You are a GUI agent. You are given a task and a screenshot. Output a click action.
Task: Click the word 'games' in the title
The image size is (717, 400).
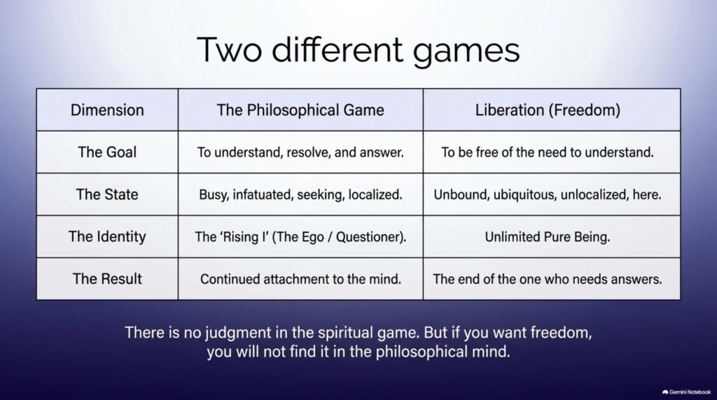[x=466, y=51]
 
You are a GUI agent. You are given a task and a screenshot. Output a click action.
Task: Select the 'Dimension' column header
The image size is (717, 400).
[x=107, y=110]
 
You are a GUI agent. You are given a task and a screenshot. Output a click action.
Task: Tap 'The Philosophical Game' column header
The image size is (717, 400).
[x=300, y=110]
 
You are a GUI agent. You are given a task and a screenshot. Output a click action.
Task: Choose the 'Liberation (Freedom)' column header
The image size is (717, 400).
[x=548, y=110]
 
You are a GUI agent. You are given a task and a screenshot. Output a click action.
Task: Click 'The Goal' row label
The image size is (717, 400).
[x=107, y=152]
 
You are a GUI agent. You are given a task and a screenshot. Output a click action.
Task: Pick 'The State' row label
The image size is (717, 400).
[x=107, y=194]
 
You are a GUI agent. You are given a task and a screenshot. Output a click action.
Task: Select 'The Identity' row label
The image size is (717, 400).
[x=107, y=236]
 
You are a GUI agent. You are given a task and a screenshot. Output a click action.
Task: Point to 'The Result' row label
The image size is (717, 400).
[x=107, y=278]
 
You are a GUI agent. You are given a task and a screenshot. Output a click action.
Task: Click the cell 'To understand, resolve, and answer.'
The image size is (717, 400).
[x=300, y=152]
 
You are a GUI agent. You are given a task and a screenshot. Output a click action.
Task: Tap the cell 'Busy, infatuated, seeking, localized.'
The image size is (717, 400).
[x=300, y=194]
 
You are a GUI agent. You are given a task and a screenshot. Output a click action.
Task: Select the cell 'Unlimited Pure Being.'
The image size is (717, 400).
[x=548, y=236]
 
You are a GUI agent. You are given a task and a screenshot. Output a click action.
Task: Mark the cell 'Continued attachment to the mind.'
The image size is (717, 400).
[x=300, y=279]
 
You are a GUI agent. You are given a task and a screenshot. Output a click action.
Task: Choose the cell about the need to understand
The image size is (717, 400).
[x=548, y=152]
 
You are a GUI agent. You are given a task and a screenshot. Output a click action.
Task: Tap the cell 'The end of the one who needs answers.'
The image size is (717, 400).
[x=548, y=279]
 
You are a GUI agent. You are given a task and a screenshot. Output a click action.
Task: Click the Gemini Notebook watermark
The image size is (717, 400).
[x=686, y=392]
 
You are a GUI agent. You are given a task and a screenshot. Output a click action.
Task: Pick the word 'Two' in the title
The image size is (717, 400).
[x=230, y=50]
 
